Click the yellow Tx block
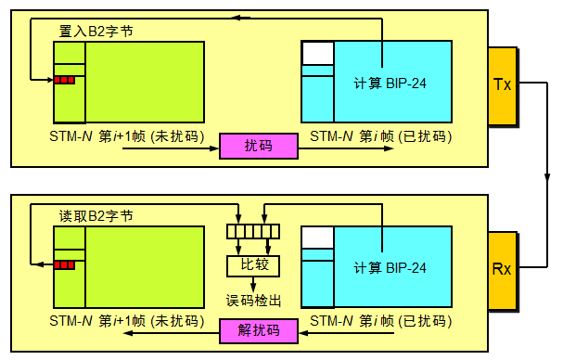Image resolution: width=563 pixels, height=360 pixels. point(502,84)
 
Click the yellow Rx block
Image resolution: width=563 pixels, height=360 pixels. point(502,270)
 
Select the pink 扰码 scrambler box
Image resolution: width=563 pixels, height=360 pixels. point(258,146)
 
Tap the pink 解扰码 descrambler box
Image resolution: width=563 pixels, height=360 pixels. point(258,330)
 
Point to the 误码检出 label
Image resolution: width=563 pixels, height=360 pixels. point(254,300)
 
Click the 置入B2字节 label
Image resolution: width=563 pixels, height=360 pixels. point(96,31)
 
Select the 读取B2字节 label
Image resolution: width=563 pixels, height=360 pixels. point(96,215)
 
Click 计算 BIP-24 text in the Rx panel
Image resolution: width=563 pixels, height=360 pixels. point(390,269)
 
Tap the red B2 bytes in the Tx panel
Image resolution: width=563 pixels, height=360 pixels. point(64,80)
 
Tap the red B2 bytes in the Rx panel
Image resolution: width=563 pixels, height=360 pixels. point(64,264)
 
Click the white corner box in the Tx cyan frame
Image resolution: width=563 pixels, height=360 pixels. point(317,53)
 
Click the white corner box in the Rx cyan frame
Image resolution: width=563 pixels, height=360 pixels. point(317,238)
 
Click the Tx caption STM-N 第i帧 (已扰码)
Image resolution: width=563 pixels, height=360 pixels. point(380,136)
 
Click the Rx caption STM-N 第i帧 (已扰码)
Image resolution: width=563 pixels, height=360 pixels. point(380,321)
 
